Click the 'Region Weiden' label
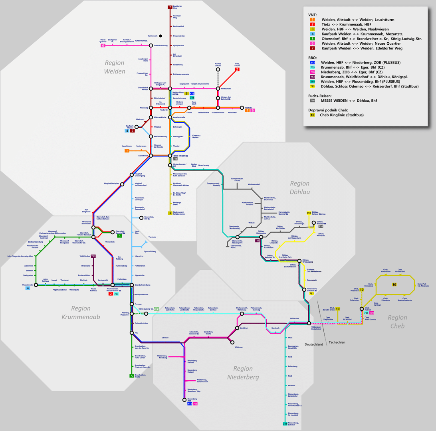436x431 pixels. [x=115, y=67]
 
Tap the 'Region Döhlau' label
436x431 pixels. [x=299, y=187]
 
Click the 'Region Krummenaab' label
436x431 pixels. [x=81, y=312]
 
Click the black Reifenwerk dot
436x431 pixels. [x=160, y=36]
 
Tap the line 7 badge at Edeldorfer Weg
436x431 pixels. [x=170, y=7]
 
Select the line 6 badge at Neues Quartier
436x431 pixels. [x=103, y=45]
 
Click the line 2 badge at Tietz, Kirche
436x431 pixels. [x=237, y=69]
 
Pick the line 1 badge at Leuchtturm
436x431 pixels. [x=127, y=150]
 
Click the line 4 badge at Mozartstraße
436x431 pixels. [x=28, y=288]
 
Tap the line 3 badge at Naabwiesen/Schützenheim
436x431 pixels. [x=170, y=213]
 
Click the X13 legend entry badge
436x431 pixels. [x=313, y=63]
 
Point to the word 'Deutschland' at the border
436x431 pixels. [x=313, y=344]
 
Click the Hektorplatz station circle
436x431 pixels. [x=218, y=88]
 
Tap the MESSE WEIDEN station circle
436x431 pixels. [x=170, y=156]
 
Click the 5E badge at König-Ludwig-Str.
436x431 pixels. [x=157, y=308]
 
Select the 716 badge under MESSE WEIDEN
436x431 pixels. [x=175, y=159]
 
